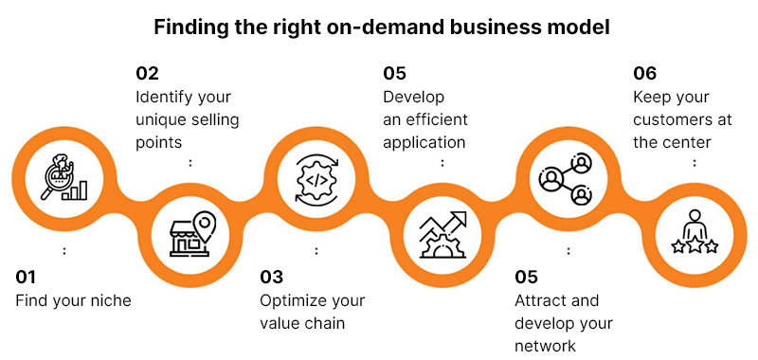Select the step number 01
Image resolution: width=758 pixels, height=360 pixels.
(27, 278)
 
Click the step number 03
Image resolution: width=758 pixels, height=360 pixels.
(272, 278)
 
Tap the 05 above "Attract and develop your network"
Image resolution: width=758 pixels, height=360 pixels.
(527, 278)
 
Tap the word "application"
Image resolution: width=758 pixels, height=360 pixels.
(424, 143)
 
